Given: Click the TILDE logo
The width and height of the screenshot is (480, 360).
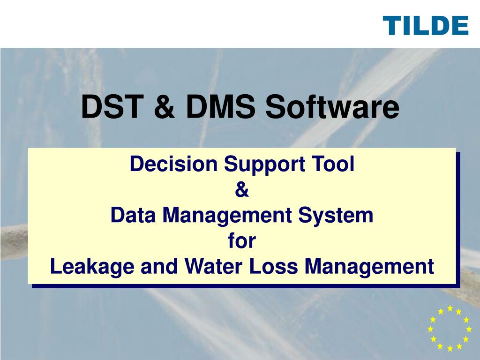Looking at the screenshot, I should (x=426, y=25).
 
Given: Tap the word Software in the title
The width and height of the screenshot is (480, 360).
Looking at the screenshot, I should (x=333, y=107).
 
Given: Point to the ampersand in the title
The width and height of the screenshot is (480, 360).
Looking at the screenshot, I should (x=164, y=107).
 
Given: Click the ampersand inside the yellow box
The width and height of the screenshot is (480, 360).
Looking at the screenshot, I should (x=241, y=190).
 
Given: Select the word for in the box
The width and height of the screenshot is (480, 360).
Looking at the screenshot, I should (x=242, y=241).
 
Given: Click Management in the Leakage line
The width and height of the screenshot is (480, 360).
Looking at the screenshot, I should (x=369, y=267).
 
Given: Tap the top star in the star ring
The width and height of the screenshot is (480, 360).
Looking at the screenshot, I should (x=450, y=308).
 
